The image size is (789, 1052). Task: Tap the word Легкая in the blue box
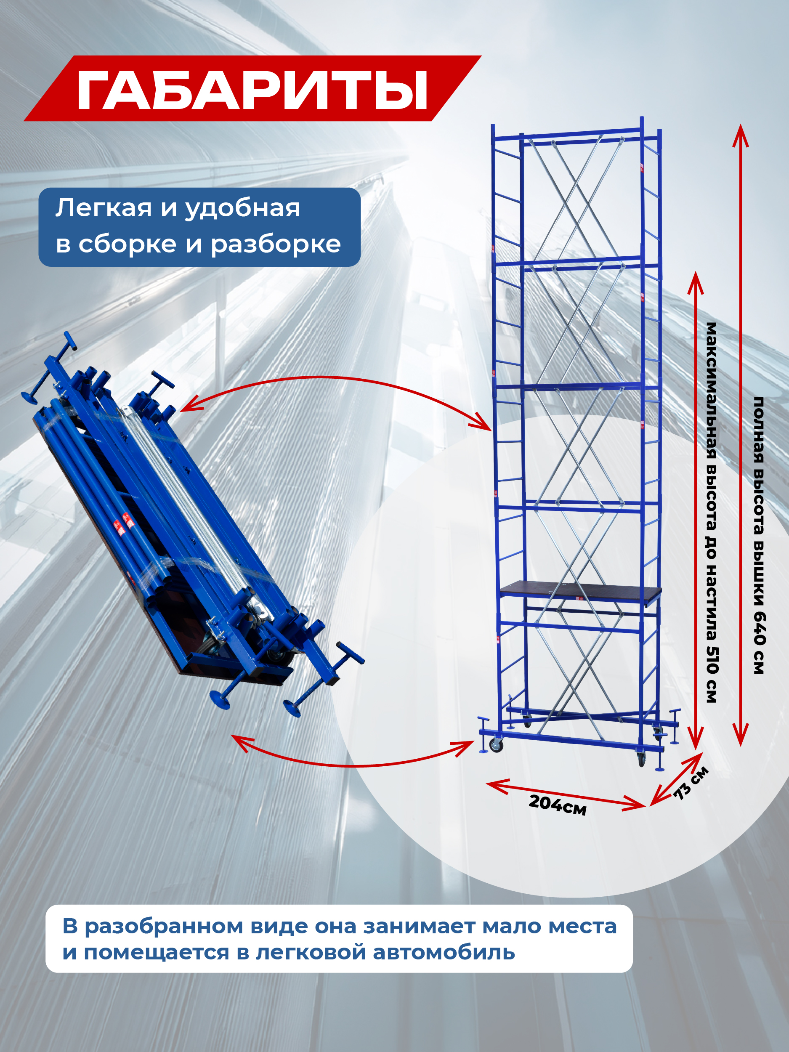(x=103, y=208)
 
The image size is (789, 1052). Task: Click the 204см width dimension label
(x=558, y=805)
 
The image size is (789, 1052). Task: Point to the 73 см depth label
(x=691, y=782)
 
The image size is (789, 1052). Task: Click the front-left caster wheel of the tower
(x=496, y=746)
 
